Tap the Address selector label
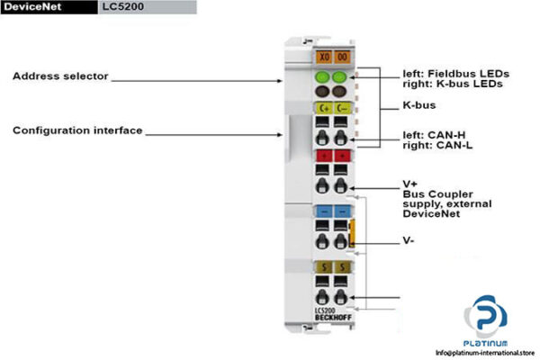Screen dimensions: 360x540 (x=60, y=76)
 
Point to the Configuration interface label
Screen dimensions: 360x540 (x=77, y=130)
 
